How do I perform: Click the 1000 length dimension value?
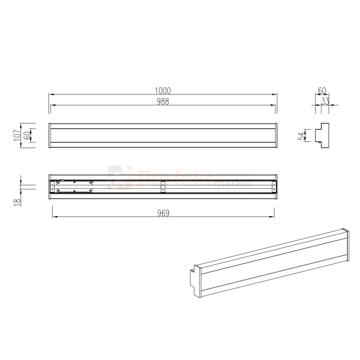tap(163, 91)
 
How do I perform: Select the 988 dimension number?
tap(163, 101)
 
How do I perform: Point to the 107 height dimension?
tap(17, 135)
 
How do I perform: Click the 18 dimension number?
tap(17, 202)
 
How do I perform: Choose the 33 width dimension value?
tap(325, 101)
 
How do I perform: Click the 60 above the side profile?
tap(322, 91)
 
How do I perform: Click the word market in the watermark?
tap(234, 184)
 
